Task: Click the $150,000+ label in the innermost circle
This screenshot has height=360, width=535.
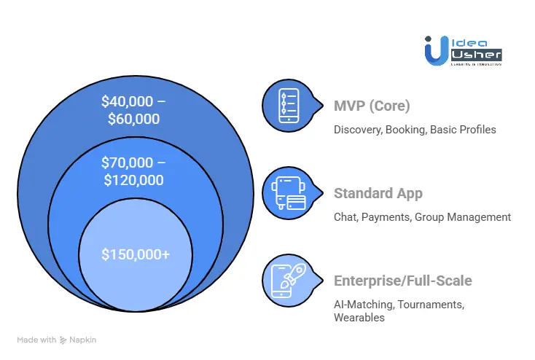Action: (136, 254)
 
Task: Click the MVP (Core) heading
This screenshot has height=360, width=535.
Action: (372, 106)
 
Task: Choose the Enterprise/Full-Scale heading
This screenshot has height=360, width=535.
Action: (402, 281)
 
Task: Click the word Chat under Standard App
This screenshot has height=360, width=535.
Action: (345, 217)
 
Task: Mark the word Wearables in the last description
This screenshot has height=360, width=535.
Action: (359, 318)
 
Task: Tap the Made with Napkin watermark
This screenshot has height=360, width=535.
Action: (56, 340)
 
